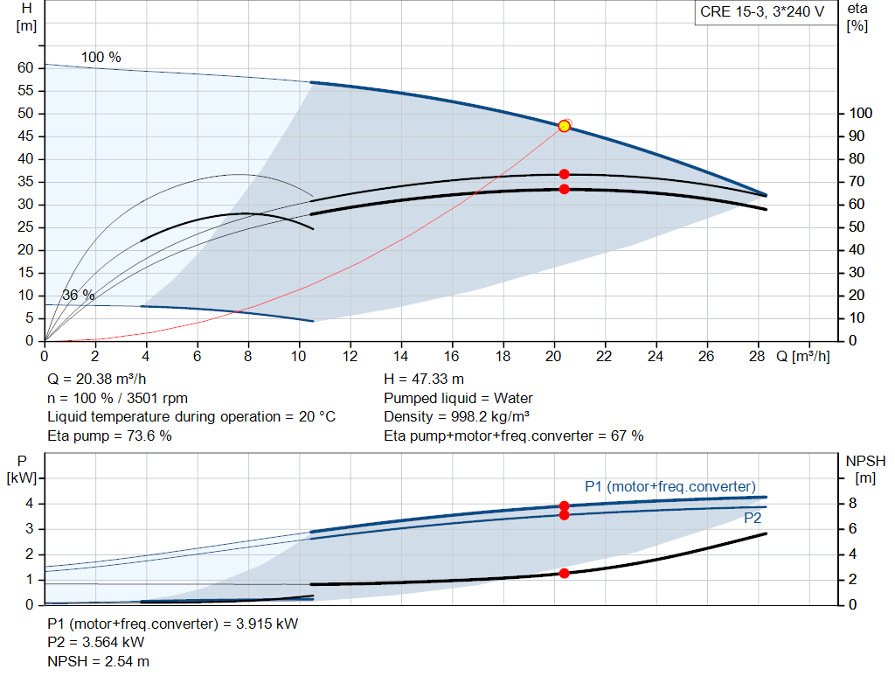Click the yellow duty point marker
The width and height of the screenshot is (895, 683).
click(564, 126)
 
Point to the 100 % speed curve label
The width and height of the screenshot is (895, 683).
click(101, 57)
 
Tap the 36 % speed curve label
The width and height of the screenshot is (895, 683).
click(78, 296)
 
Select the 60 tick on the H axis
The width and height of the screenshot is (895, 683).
click(25, 68)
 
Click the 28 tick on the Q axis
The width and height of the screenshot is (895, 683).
click(757, 356)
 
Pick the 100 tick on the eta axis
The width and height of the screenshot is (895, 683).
click(861, 113)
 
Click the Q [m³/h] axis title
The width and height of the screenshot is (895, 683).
click(803, 356)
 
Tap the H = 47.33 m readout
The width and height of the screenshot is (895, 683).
click(424, 380)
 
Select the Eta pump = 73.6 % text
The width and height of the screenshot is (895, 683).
click(109, 436)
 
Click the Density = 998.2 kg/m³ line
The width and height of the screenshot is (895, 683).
click(456, 417)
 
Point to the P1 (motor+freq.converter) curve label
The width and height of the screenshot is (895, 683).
click(670, 486)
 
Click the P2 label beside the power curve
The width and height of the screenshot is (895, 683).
click(753, 518)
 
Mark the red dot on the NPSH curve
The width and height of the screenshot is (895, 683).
click(564, 574)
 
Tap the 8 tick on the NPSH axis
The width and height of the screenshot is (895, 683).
click(853, 504)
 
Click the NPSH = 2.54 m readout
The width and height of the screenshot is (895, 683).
click(98, 662)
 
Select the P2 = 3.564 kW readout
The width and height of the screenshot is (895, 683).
click(96, 643)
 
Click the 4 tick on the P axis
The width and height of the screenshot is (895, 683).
click(30, 504)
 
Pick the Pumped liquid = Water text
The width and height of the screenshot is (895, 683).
click(458, 398)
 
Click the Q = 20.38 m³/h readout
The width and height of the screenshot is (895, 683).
click(97, 380)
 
